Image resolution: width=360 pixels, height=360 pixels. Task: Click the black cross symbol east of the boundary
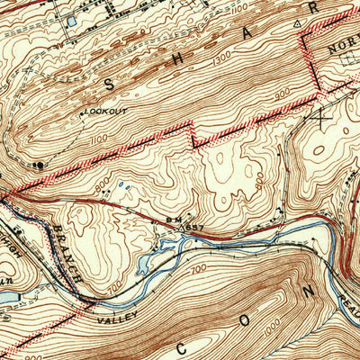pos(321,115)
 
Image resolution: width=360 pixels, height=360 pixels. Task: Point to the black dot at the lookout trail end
pos(38,166)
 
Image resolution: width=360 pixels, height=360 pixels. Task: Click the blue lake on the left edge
pos(4,294)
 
